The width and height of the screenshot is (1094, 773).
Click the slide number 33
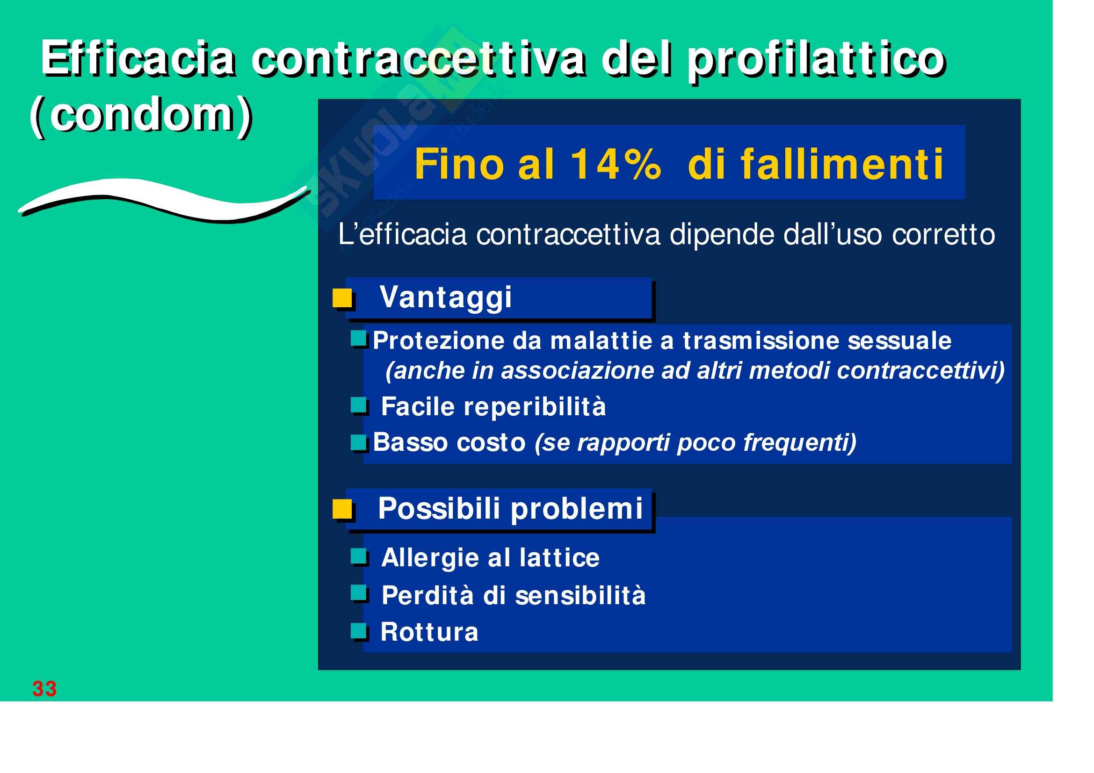44,689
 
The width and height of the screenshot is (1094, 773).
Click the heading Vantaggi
446,298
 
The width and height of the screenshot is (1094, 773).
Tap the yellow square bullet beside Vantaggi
342,298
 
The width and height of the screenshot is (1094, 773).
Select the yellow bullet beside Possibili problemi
342,509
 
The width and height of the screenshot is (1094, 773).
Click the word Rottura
429,633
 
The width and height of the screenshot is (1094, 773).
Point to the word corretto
943,235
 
